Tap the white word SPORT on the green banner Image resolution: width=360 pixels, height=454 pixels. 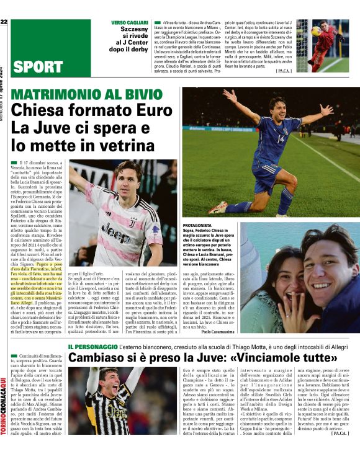(37, 66)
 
